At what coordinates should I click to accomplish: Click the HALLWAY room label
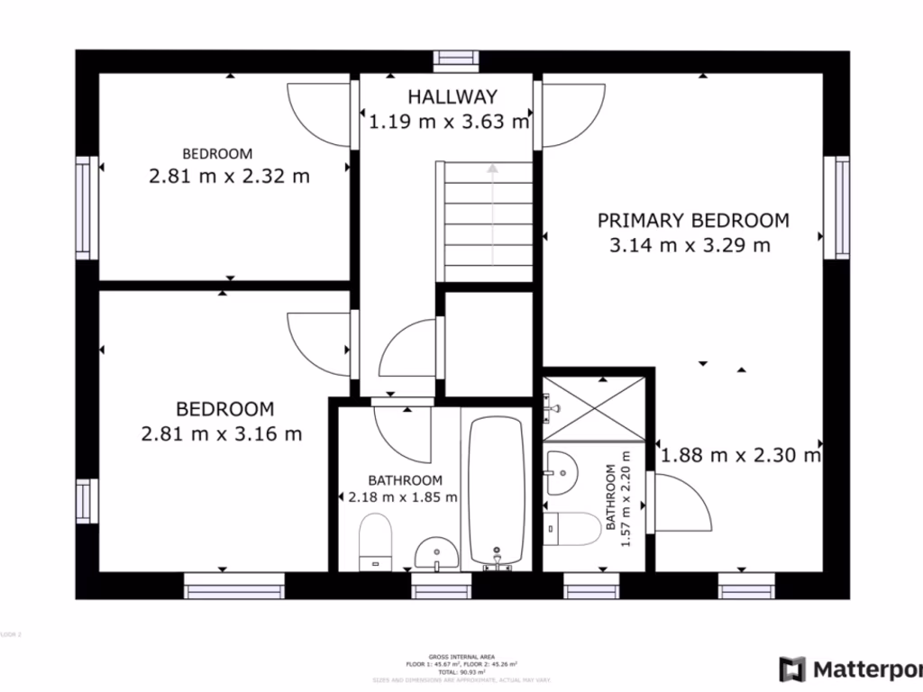tap(452, 96)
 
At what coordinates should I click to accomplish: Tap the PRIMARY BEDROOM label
tap(693, 220)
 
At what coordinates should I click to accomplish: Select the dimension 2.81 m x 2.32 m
tap(229, 177)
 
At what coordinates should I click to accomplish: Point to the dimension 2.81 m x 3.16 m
tap(222, 433)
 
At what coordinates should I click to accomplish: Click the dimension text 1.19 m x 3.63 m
tap(449, 122)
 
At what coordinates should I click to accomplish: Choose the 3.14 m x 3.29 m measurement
tap(690, 244)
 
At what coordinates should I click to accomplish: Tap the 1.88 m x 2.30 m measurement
tap(741, 456)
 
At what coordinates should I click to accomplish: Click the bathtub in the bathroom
tap(496, 491)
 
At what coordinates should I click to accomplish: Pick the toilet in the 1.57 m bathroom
tap(575, 529)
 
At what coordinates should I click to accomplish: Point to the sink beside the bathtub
tap(436, 551)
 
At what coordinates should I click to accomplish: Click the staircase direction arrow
tap(492, 168)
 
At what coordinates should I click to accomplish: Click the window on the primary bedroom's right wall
tap(842, 207)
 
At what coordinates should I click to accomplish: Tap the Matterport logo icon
tap(792, 669)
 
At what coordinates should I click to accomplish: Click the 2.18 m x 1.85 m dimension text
tap(403, 496)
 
